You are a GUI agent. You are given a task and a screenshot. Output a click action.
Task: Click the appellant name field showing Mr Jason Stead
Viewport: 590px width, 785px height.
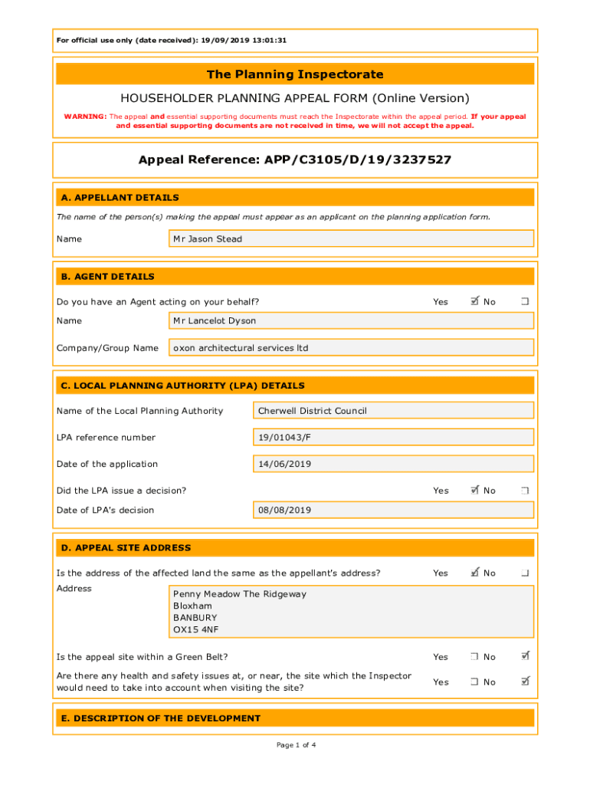coord(351,239)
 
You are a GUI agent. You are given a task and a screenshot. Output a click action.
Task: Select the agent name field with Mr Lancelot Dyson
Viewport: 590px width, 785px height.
coord(351,320)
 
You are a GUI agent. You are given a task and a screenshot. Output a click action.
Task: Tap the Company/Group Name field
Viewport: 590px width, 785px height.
coord(351,348)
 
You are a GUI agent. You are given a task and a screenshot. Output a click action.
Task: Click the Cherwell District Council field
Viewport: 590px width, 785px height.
coord(393,411)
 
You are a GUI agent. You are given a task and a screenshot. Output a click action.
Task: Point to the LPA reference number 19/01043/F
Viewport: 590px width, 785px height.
coord(393,438)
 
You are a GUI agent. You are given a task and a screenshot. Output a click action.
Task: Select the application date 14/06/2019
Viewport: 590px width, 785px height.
coord(393,464)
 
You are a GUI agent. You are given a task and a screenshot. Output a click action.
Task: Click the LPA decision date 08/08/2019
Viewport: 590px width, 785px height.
coord(393,510)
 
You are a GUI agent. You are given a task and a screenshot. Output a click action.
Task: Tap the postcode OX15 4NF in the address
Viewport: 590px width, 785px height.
coord(195,629)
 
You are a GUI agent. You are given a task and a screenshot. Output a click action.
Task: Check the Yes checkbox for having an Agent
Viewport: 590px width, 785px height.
coord(475,301)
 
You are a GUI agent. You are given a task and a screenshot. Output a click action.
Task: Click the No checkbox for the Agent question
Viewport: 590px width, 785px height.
coord(526,302)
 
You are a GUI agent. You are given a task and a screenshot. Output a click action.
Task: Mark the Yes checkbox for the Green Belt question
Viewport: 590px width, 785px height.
coord(475,657)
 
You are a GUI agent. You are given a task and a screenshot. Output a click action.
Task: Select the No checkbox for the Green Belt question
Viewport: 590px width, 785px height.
coord(526,656)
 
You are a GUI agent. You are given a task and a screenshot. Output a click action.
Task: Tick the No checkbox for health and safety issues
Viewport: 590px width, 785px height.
coord(526,682)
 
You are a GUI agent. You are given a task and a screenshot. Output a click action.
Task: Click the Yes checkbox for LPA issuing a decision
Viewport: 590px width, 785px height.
coord(475,490)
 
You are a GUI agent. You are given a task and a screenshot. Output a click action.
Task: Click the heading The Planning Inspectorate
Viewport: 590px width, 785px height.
coord(295,74)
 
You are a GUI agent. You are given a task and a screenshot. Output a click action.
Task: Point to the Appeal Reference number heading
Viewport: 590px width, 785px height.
coord(295,160)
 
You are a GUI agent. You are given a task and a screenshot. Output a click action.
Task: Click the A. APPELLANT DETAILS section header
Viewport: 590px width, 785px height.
coord(120,198)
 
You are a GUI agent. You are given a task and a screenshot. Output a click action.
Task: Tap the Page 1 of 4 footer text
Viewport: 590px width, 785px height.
coord(295,744)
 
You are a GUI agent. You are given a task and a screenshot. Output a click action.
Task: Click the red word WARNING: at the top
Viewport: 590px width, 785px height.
coord(85,117)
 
